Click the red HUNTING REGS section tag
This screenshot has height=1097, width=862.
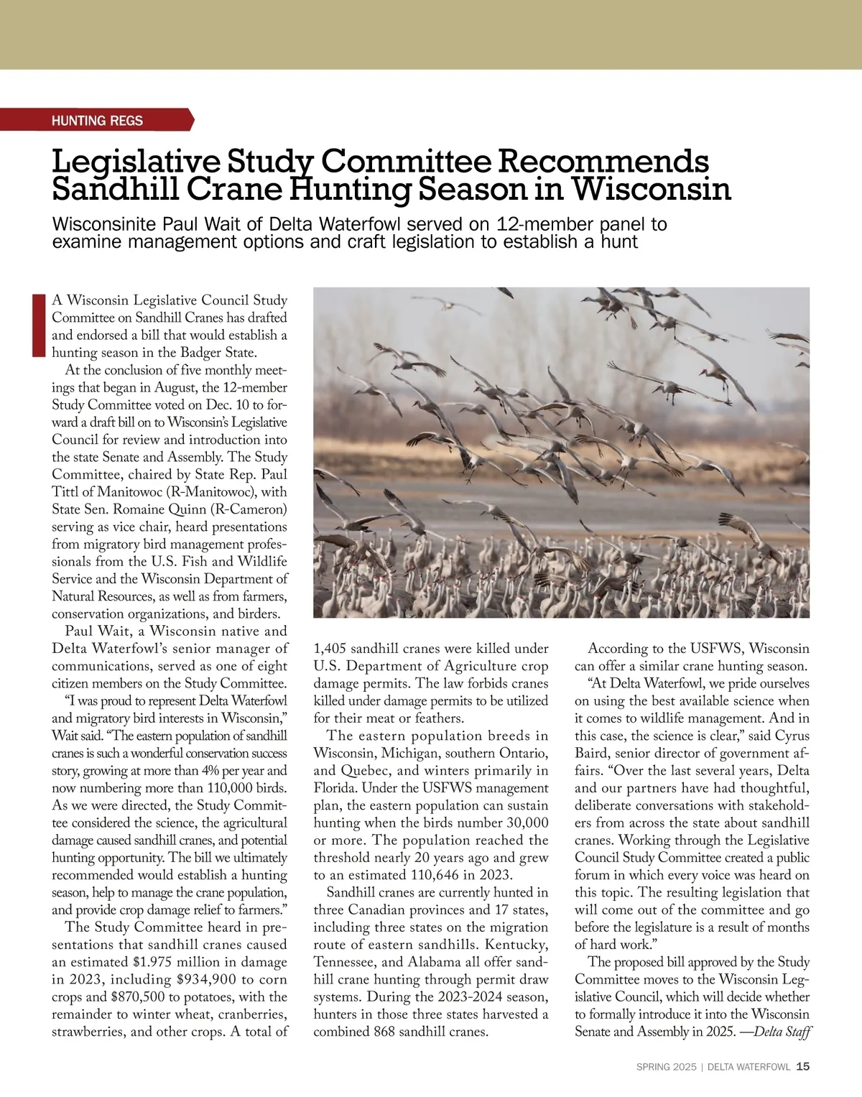tap(97, 121)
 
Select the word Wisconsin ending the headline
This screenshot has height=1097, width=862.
tap(651, 189)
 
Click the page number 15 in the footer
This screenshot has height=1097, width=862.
tap(803, 1067)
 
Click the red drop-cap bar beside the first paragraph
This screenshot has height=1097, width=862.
tap(39, 325)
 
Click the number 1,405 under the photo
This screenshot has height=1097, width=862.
tap(330, 649)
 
